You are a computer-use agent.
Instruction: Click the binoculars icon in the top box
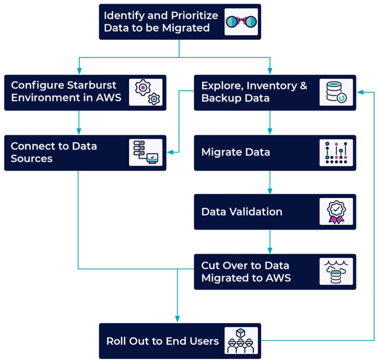[241, 22]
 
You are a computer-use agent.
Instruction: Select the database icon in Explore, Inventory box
[336, 92]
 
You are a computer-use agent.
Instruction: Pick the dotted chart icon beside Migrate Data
[336, 153]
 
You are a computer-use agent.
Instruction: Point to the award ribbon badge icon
[336, 211]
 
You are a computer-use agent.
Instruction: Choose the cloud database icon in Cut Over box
[336, 271]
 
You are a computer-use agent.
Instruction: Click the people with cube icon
[241, 341]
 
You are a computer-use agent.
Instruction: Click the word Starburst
[92, 85]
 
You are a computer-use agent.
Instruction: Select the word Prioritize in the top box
[195, 16]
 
